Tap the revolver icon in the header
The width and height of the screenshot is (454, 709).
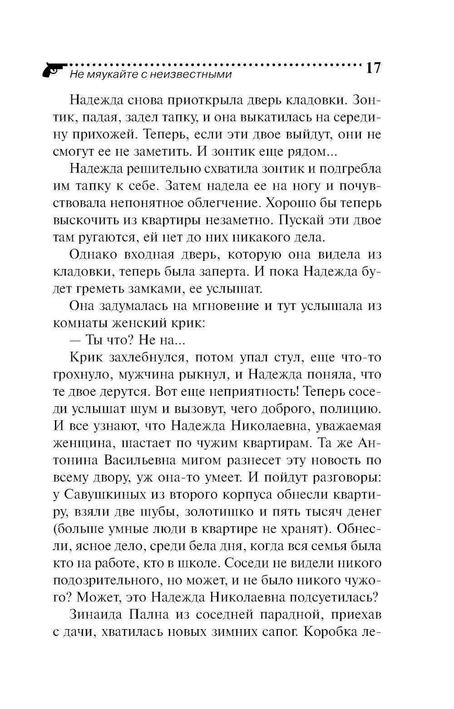pyautogui.click(x=51, y=70)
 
